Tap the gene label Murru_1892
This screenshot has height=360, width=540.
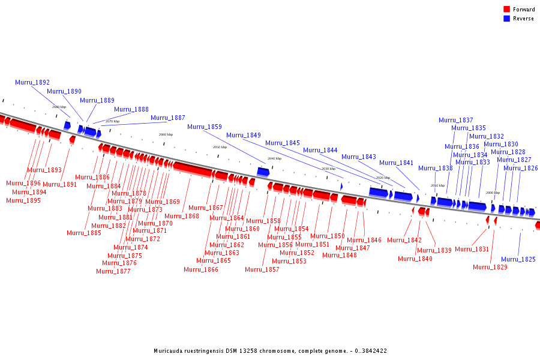point(32,82)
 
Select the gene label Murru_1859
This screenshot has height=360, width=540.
point(204,127)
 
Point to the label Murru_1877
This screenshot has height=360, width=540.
point(113,271)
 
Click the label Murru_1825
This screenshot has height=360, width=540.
point(518,260)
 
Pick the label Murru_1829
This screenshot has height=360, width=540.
point(490,267)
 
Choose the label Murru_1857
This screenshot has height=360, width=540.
point(262,269)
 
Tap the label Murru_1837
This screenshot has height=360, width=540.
point(455,121)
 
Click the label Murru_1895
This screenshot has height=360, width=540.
point(23,200)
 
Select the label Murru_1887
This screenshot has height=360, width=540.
point(167,118)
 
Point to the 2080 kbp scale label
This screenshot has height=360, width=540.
point(59,107)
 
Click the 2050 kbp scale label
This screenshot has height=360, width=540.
point(220,147)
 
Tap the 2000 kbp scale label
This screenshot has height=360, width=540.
point(493,193)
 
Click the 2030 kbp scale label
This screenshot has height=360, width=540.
point(328,169)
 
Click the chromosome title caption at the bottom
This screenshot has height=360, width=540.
point(270,350)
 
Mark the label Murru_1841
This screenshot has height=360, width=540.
point(396,163)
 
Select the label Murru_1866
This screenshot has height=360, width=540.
point(200,269)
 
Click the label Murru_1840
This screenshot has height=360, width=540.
point(415,259)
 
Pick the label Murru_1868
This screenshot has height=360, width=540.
point(181,216)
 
